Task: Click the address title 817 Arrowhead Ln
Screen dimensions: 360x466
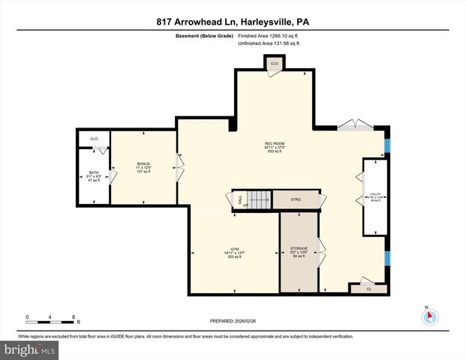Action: pyautogui.click(x=232, y=22)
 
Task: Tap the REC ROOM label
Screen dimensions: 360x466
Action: pyautogui.click(x=274, y=143)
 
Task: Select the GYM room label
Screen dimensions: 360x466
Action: pyautogui.click(x=233, y=250)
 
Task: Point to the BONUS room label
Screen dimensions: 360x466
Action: pyautogui.click(x=143, y=164)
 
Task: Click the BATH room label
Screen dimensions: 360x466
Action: pyautogui.click(x=94, y=174)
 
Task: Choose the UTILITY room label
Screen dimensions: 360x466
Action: pyautogui.click(x=374, y=196)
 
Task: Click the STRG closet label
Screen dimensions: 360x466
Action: pyautogui.click(x=296, y=200)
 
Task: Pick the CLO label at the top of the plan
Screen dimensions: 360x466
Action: pyautogui.click(x=274, y=64)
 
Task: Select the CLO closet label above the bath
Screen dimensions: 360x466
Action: pyautogui.click(x=94, y=139)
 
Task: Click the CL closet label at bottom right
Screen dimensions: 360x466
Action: pyautogui.click(x=368, y=288)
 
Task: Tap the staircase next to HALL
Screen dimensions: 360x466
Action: pyautogui.click(x=257, y=200)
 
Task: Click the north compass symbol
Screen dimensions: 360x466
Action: pyautogui.click(x=430, y=316)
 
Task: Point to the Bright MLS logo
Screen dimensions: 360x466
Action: pyautogui.click(x=30, y=349)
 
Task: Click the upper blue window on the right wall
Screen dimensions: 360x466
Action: pyautogui.click(x=387, y=143)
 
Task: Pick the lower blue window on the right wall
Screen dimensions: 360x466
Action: pyautogui.click(x=387, y=257)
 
